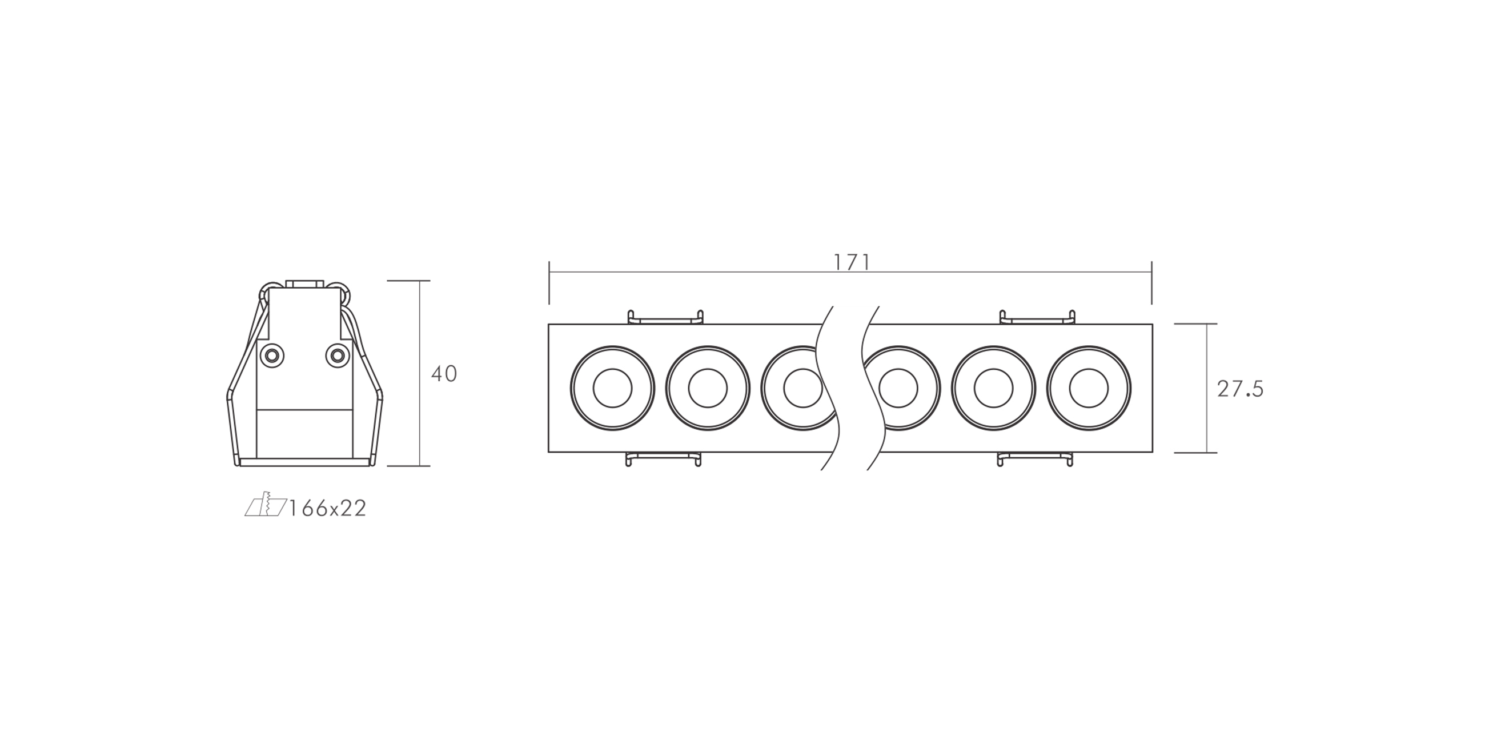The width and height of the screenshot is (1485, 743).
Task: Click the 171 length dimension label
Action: point(852,263)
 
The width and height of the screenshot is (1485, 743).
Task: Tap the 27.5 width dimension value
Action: point(1240,390)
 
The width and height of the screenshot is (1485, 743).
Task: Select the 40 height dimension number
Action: point(444,374)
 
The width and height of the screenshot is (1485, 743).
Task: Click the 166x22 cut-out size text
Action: point(327,509)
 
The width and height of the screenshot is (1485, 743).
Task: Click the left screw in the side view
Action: point(271,355)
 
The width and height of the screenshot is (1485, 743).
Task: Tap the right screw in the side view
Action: point(337,355)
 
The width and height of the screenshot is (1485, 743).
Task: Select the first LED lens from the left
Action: point(612,388)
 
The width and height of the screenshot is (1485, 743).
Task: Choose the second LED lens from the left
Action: point(707,388)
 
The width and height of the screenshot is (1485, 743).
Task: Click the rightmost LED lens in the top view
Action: point(1089,388)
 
